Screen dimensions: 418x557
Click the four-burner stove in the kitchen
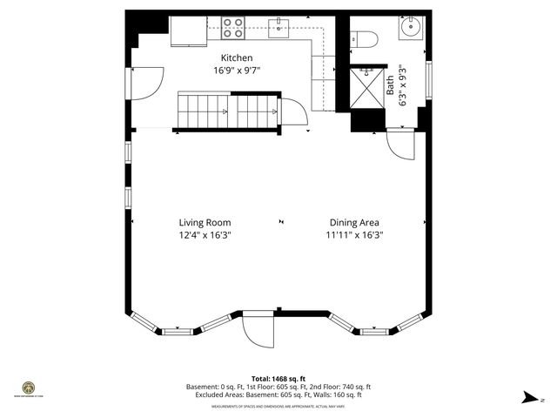tap(232, 29)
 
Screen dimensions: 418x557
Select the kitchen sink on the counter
tap(279, 30)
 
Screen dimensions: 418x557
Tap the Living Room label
tap(205, 222)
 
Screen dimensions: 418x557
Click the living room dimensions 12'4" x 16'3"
tap(205, 234)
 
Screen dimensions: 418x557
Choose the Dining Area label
tap(354, 222)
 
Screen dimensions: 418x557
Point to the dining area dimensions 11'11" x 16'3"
tap(354, 234)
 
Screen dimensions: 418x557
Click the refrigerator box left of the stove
tap(186, 31)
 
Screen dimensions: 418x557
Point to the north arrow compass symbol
tap(528, 397)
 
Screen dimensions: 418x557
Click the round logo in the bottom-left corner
tap(28, 388)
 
